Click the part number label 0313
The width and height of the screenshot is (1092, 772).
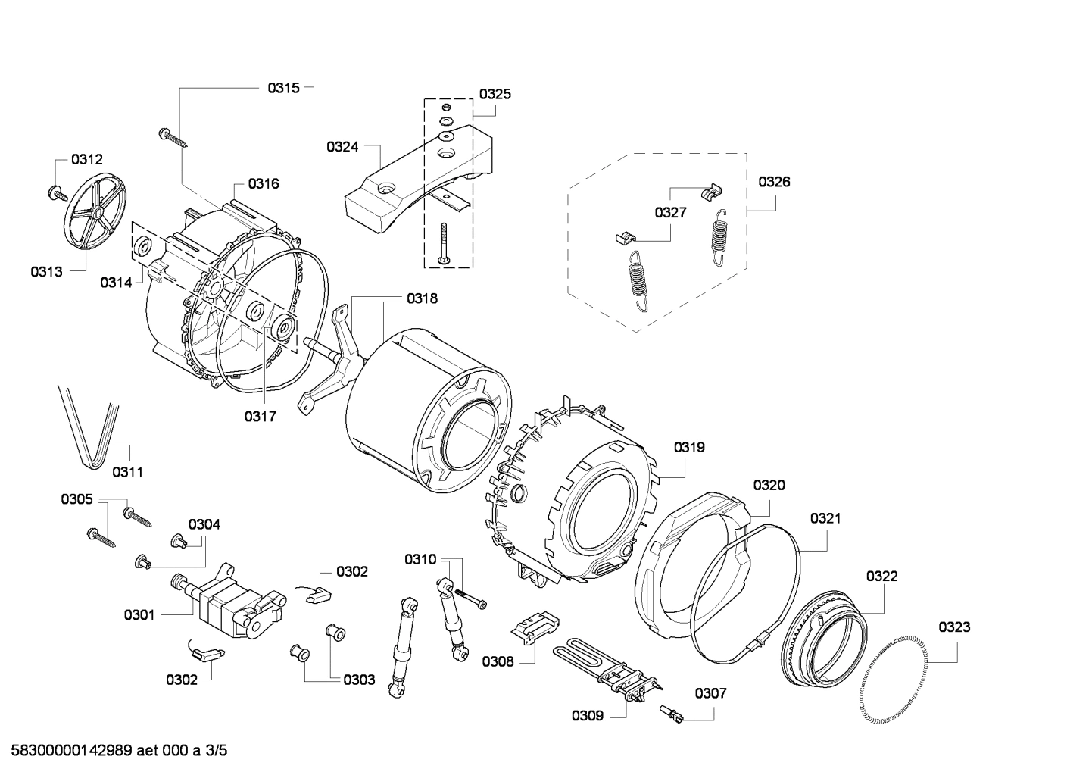[x=46, y=272]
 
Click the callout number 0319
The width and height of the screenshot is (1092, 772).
[x=689, y=447]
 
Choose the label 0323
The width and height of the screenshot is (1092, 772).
[x=954, y=627]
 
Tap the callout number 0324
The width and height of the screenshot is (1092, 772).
[x=342, y=147]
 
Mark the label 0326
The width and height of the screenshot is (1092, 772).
[x=774, y=181]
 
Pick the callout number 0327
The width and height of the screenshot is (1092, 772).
[x=671, y=212]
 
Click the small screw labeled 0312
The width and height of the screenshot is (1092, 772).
[x=56, y=192]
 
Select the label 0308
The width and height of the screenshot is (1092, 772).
[x=498, y=661]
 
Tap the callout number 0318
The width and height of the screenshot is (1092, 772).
[x=422, y=298]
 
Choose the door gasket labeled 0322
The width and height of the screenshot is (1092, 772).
[x=822, y=636]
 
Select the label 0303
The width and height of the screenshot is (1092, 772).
[x=359, y=680]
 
